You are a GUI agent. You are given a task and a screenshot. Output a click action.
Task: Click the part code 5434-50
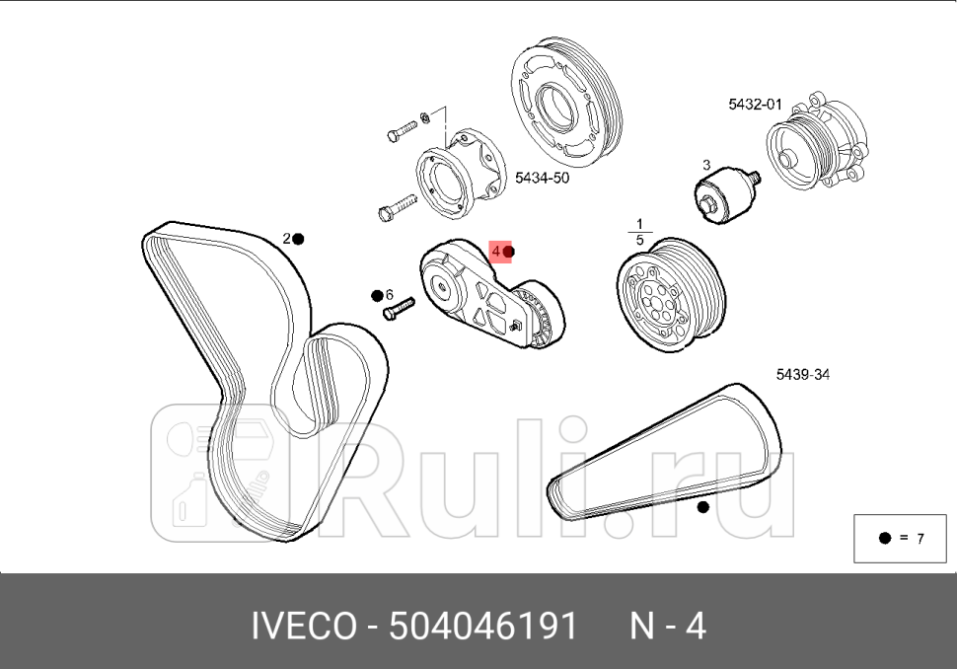tap(542, 178)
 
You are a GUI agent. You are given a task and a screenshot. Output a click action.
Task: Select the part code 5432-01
tap(755, 104)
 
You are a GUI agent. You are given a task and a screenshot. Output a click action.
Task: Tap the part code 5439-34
tap(802, 375)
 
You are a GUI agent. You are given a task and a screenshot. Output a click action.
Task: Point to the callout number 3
tap(706, 165)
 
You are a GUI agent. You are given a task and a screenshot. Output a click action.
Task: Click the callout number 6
tap(390, 295)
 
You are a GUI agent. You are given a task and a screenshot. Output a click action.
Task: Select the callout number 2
tap(286, 239)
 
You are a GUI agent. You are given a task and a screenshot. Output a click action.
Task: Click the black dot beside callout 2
tap(298, 239)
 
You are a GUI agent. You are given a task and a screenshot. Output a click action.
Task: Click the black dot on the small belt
tap(702, 507)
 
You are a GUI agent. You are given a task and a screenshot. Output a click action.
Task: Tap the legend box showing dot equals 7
tap(901, 538)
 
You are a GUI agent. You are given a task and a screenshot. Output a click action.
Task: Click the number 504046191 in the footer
tap(482, 626)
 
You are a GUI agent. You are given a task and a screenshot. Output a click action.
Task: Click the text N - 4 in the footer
tap(668, 626)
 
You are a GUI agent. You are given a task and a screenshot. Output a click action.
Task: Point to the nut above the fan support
tap(423, 118)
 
